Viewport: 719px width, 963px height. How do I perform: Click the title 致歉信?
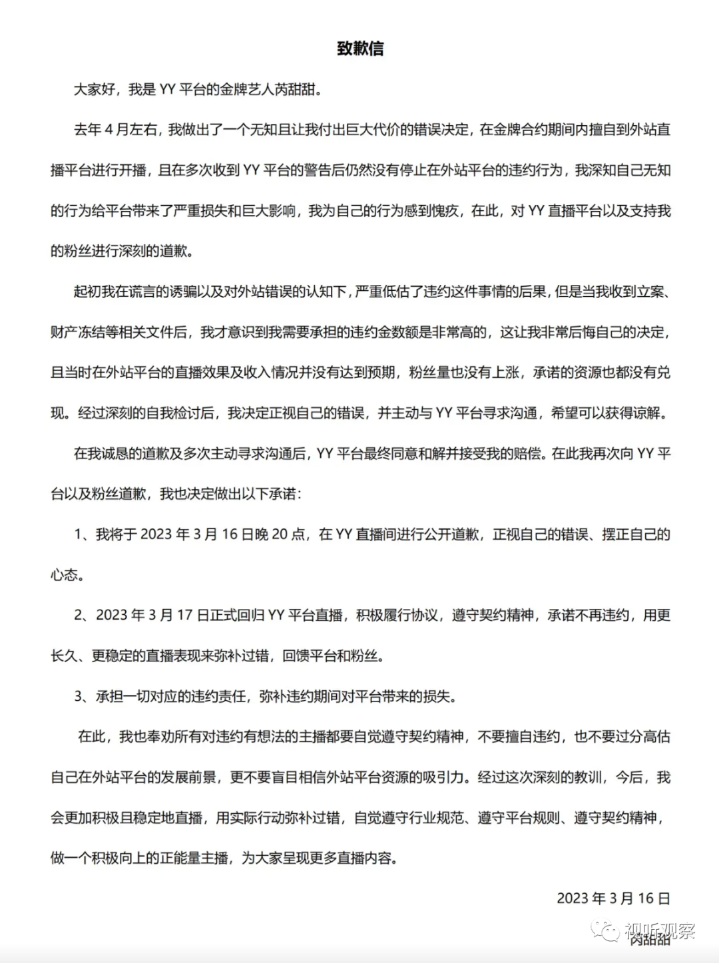(359, 49)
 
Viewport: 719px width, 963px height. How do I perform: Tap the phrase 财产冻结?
(77, 332)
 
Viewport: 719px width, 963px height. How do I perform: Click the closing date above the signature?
(613, 898)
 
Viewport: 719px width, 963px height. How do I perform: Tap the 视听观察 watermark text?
(660, 930)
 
